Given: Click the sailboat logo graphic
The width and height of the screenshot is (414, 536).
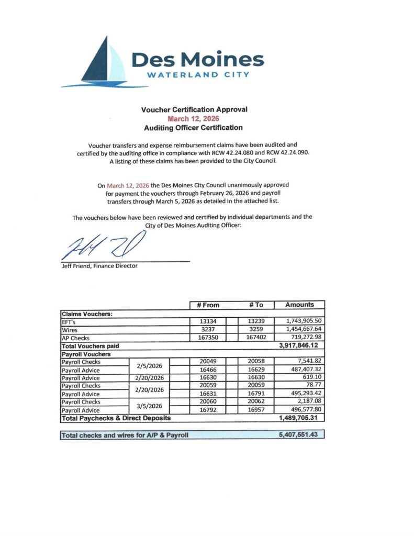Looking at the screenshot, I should (x=99, y=63).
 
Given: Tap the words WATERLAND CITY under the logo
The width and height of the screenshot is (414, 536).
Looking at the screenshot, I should (x=197, y=74).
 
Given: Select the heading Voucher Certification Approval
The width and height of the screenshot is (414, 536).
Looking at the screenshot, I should (x=194, y=109).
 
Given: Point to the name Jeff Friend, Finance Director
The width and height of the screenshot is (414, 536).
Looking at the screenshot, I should (x=99, y=266).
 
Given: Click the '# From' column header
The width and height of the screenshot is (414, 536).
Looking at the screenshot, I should (x=208, y=305).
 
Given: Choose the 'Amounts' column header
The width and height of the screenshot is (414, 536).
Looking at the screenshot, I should (x=299, y=305).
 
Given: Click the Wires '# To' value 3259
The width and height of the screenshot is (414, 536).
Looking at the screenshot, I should (x=260, y=330).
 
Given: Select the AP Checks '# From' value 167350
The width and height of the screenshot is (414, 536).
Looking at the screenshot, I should (x=208, y=338).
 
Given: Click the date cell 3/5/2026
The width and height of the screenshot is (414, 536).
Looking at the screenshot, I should (x=150, y=406).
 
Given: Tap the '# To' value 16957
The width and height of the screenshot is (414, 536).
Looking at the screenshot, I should (x=260, y=410).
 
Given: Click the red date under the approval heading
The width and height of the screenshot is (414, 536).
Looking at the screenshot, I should (x=194, y=118).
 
